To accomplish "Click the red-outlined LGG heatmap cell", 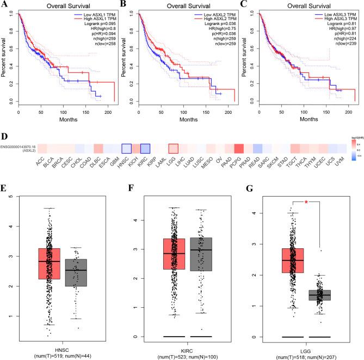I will (x=173, y=149).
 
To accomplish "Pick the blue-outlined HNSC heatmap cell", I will (x=126, y=149).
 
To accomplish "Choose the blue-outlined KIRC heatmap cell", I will (x=145, y=149).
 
